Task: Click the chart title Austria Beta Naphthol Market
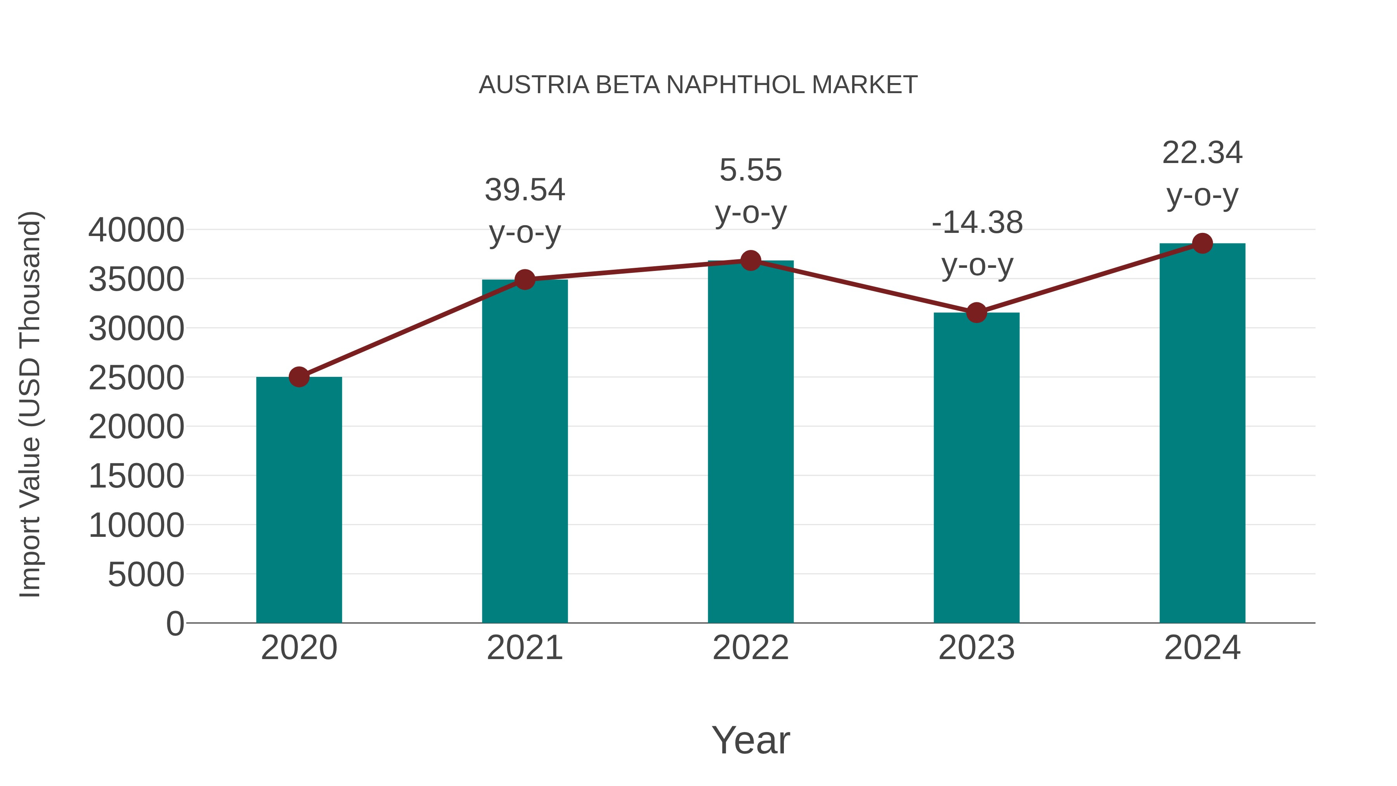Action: (x=698, y=85)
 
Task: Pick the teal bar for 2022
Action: (x=750, y=442)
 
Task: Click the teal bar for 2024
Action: (x=1202, y=434)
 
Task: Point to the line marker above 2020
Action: (x=299, y=377)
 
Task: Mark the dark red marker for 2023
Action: (x=976, y=312)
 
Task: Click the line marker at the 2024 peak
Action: (x=1202, y=243)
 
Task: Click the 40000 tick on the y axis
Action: (x=136, y=230)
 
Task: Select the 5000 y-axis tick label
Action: (x=146, y=574)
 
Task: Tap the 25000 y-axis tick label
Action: (x=136, y=378)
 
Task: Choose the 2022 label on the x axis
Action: (x=750, y=648)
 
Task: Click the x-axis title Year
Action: (x=750, y=740)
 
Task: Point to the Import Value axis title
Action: (x=30, y=404)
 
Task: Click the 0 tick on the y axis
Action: (x=175, y=623)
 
